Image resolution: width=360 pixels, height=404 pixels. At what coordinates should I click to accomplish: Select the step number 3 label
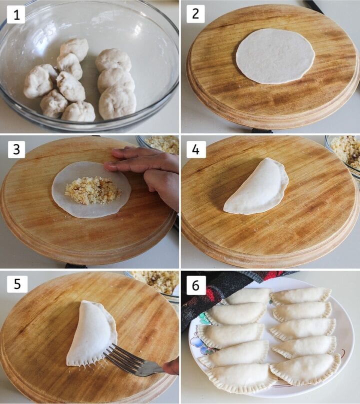[16, 149]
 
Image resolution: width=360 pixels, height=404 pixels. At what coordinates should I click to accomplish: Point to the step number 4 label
[195, 149]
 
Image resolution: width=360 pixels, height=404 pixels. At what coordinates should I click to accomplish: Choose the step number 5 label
[16, 283]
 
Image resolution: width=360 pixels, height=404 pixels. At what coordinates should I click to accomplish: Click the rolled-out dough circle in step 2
[275, 56]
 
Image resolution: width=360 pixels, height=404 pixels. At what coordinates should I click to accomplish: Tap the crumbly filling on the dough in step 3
[92, 190]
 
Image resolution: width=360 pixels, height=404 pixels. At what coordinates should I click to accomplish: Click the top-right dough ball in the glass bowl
[113, 60]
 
